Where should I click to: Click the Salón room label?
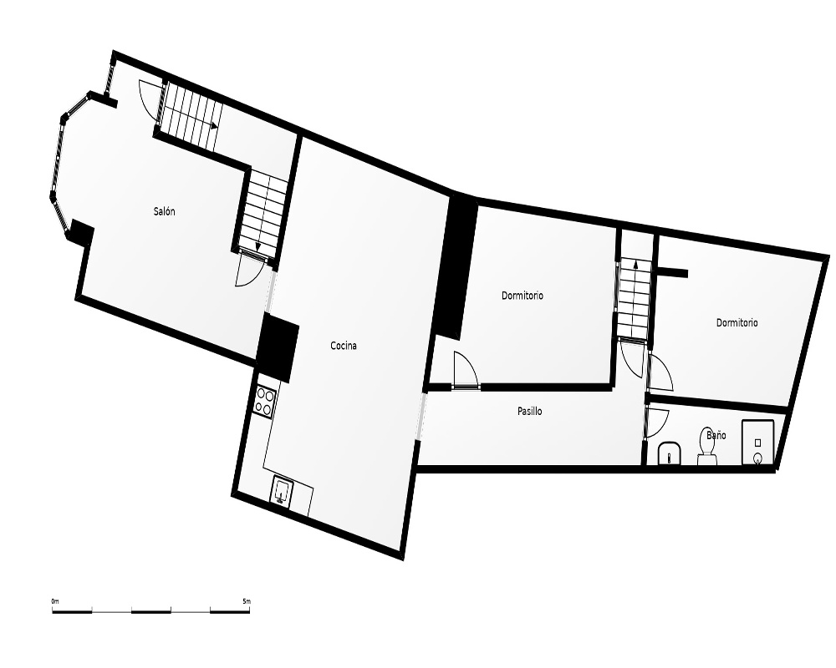pyautogui.click(x=164, y=211)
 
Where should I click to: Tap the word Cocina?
pyautogui.click(x=344, y=346)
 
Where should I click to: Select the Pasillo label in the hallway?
pyautogui.click(x=530, y=412)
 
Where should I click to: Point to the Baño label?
pyautogui.click(x=716, y=435)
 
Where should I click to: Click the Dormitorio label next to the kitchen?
pyautogui.click(x=522, y=296)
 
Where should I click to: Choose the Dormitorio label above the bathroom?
pyautogui.click(x=737, y=323)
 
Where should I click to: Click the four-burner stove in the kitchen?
pyautogui.click(x=265, y=401)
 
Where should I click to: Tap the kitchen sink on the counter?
pyautogui.click(x=281, y=490)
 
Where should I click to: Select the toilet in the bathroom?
pyautogui.click(x=707, y=447)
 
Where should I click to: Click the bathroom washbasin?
pyautogui.click(x=669, y=453)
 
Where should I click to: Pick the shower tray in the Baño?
pyautogui.click(x=757, y=443)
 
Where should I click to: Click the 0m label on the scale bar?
pyautogui.click(x=55, y=601)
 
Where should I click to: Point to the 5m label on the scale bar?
pyautogui.click(x=247, y=601)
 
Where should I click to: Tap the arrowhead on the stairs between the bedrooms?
pyautogui.click(x=635, y=262)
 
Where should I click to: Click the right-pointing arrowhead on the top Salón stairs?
pyautogui.click(x=214, y=126)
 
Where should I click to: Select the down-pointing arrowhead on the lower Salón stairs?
pyautogui.click(x=258, y=247)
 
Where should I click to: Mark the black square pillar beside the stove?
pyautogui.click(x=278, y=347)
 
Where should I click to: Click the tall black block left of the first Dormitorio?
pyautogui.click(x=455, y=267)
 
